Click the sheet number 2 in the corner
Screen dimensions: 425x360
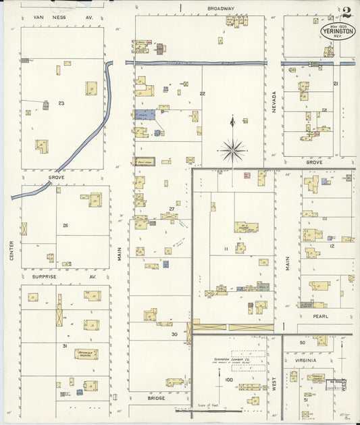pyautogui.click(x=346, y=12)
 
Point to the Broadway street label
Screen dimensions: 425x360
pyautogui.click(x=220, y=9)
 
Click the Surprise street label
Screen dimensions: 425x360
pyautogui.click(x=45, y=276)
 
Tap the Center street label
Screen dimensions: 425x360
pyautogui.click(x=11, y=250)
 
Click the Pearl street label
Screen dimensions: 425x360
pyautogui.click(x=319, y=316)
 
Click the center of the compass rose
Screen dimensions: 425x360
pyautogui.click(x=232, y=150)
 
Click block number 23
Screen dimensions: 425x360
pyautogui.click(x=61, y=103)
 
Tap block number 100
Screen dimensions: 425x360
pyautogui.click(x=228, y=380)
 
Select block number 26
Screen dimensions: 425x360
pyautogui.click(x=66, y=225)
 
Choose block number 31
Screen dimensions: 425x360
pyautogui.click(x=65, y=346)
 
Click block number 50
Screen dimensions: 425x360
pyautogui.click(x=303, y=343)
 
